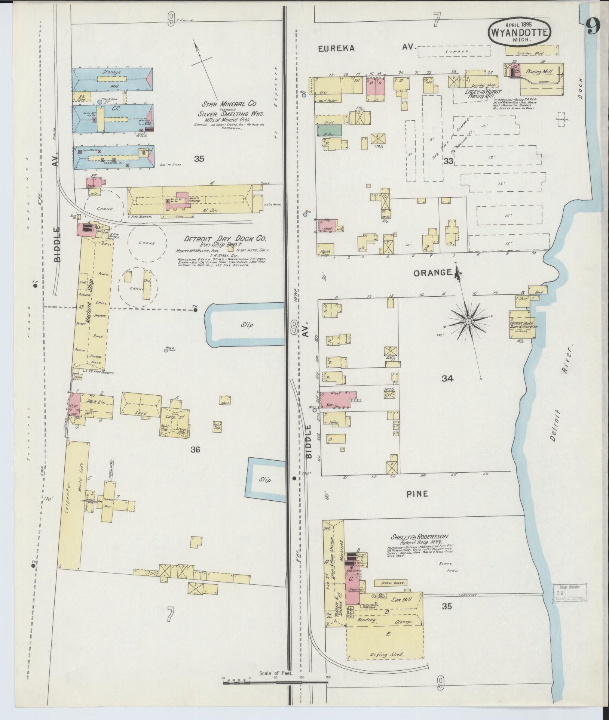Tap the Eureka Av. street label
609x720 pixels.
pyautogui.click(x=367, y=48)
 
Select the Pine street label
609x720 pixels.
pyautogui.click(x=417, y=494)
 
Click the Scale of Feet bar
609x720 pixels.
pyautogui.click(x=276, y=682)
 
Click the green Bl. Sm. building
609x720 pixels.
pyautogui.click(x=328, y=130)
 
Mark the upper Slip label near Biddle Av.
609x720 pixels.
pyautogui.click(x=248, y=325)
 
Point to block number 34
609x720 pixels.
pyautogui.click(x=447, y=378)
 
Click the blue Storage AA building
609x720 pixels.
pyautogui.click(x=112, y=79)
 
